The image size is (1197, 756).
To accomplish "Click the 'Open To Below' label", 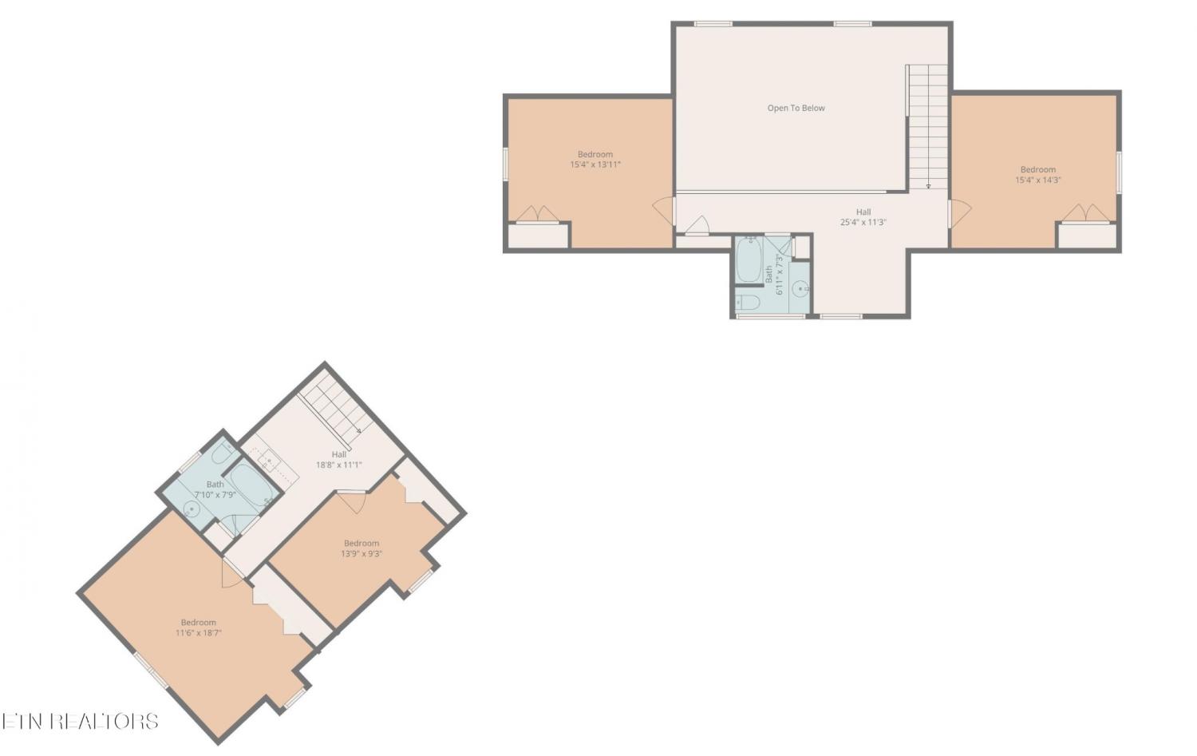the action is (796, 108).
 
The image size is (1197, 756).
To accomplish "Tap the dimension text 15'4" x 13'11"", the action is (595, 164).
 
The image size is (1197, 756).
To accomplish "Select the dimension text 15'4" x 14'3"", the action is (1037, 180).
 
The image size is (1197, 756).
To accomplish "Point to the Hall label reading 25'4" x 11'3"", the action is (863, 222).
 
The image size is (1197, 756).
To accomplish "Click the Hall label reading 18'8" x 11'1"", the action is (339, 465).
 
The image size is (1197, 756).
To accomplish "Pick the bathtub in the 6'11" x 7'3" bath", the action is (749, 259).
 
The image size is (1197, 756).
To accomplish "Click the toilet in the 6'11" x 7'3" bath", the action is (748, 303).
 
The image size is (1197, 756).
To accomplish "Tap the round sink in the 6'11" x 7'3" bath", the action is (800, 289).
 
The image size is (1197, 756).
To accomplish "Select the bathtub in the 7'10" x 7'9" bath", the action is (253, 485).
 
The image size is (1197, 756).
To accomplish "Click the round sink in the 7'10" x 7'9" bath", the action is (190, 509).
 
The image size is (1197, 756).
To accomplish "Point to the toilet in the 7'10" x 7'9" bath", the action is (223, 454).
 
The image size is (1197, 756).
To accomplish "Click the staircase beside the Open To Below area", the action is (928, 127).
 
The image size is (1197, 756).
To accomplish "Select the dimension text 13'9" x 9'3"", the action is (361, 553).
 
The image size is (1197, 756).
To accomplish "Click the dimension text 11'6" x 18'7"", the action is (198, 632).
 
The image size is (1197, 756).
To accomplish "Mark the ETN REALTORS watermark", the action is (80, 721).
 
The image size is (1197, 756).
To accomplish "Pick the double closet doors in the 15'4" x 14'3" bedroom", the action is (1085, 213).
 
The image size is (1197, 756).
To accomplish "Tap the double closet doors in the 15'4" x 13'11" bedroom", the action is (538, 214).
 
